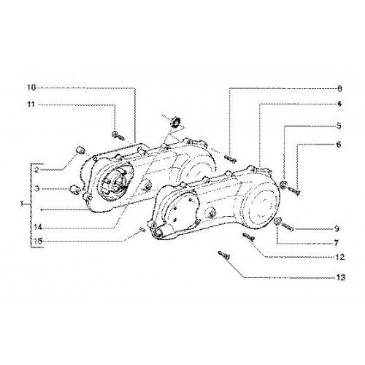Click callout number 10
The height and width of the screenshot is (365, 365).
click(31, 88)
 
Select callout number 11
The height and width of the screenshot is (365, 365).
click(31, 104)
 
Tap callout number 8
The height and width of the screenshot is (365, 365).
click(339, 89)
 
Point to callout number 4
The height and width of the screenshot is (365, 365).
click(339, 104)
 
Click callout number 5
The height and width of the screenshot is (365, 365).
click(339, 126)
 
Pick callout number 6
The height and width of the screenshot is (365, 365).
click(339, 145)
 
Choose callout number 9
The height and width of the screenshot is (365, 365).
click(337, 228)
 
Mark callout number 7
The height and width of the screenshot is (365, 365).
click(337, 243)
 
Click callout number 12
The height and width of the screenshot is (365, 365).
click(340, 257)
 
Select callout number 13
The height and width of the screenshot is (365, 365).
click(341, 277)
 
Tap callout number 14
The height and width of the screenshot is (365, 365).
click(38, 228)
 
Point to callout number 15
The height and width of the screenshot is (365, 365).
click(38, 242)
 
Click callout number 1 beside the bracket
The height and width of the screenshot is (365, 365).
click(22, 204)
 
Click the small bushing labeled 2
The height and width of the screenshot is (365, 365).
click(80, 150)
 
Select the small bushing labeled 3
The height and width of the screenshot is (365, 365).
click(74, 190)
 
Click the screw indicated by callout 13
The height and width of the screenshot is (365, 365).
click(224, 255)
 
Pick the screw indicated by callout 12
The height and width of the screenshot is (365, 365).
click(248, 237)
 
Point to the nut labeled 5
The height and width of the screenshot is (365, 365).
click(283, 185)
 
